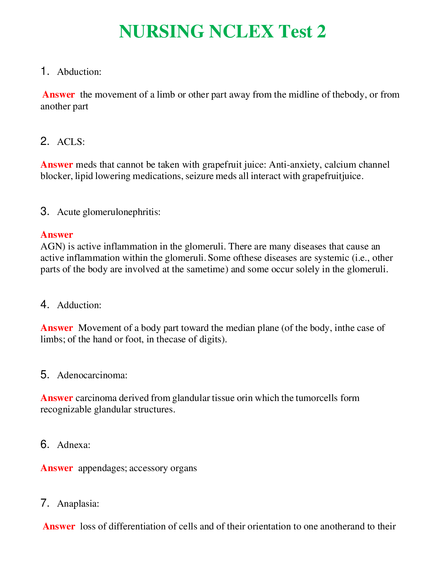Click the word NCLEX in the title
point(241,32)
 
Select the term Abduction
point(79,72)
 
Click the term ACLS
point(71,142)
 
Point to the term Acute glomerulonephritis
point(109,212)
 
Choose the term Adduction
point(79,305)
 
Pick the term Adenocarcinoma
point(92,375)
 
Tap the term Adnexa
point(73,445)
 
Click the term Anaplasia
point(78,503)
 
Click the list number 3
point(44,211)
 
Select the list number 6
point(44,445)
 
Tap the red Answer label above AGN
point(57,234)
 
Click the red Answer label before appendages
point(57,468)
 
